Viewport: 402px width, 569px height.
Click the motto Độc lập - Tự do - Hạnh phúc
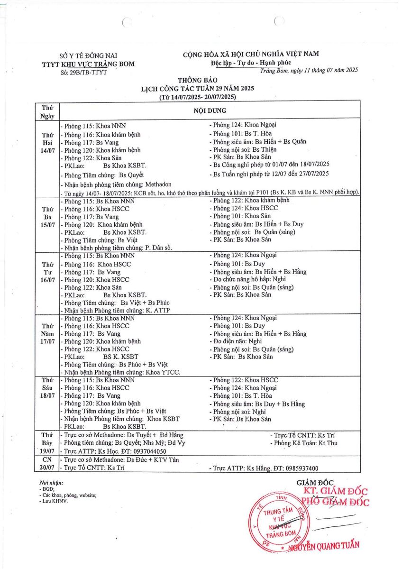pyautogui.click(x=251, y=63)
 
